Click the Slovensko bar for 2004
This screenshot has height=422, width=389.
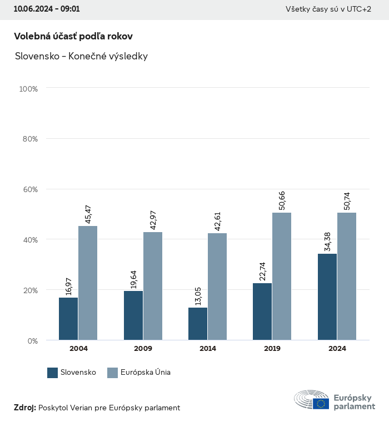[68, 319]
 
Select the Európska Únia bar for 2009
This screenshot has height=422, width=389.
[153, 286]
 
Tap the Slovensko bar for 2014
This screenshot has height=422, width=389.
[198, 324]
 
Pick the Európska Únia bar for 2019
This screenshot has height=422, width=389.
[282, 276]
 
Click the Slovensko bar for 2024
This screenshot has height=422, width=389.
[327, 297]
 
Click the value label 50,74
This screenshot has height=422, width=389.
[347, 200]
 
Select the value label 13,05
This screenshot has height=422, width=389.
[198, 295]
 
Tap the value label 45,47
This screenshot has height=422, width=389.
[88, 214]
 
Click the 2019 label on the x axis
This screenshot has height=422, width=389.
[272, 349]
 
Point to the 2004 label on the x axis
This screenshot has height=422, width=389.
[78, 349]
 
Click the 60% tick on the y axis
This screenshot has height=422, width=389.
[29, 189]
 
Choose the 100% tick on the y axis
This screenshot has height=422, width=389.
[28, 88]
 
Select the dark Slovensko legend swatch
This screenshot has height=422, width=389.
[53, 373]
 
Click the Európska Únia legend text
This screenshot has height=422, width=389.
[146, 373]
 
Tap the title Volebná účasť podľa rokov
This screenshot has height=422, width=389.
[73, 36]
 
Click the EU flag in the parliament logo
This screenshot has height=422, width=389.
[321, 404]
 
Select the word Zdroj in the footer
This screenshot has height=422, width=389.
[24, 408]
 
